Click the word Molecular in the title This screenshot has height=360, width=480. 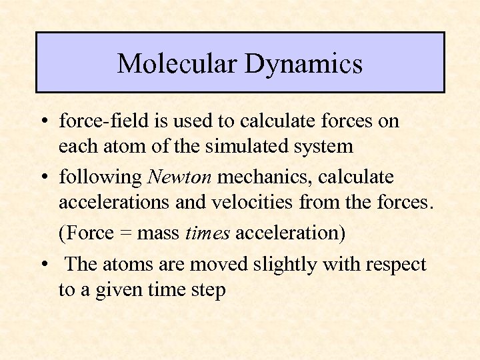point(177,64)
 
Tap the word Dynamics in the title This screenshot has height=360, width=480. point(303,64)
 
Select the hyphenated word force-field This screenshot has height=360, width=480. point(99,121)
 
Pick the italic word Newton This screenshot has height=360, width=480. point(180,177)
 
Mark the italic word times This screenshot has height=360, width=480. point(208,233)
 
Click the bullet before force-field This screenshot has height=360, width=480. point(42,122)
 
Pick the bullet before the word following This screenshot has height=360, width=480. point(42,178)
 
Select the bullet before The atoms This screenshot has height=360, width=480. point(42,265)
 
